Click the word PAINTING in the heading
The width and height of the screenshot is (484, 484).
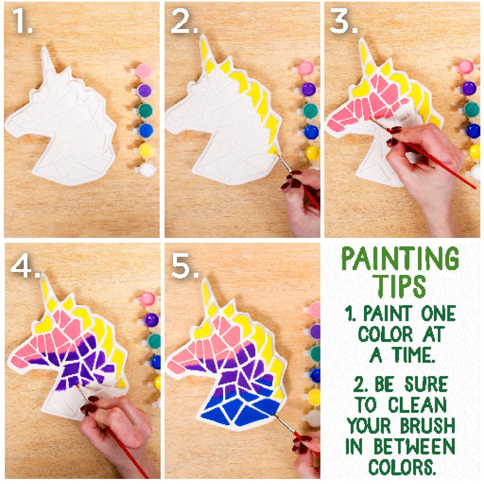click(x=400, y=259)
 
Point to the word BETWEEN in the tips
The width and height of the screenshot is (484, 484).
click(x=414, y=447)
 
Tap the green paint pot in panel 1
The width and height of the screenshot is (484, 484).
click(x=145, y=110)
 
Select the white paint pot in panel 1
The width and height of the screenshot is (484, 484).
click(x=147, y=170)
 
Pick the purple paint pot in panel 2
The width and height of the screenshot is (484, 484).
click(x=309, y=89)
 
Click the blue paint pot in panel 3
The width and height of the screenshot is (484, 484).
click(x=473, y=131)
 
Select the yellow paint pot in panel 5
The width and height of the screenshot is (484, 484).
click(x=314, y=397)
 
